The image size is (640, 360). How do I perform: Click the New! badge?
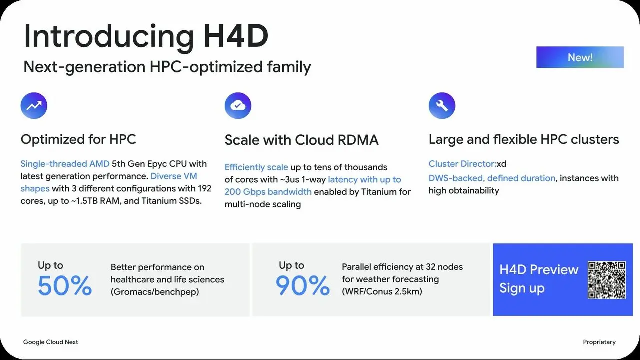point(580,57)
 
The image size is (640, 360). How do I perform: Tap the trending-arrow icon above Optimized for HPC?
point(34,105)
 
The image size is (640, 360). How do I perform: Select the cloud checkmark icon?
point(238,105)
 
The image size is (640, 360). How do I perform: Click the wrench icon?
point(442,105)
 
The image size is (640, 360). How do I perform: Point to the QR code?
point(607,280)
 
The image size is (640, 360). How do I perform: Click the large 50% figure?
point(65,285)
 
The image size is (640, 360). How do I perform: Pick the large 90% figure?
point(303,285)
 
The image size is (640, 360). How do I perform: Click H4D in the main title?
point(236,36)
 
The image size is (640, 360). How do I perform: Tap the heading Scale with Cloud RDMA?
point(301,140)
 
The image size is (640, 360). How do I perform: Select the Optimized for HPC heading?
point(78,139)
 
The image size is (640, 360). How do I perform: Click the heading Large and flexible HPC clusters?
point(524,139)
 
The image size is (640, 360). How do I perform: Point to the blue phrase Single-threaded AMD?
point(65,164)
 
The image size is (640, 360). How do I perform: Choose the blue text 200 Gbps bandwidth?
point(268,192)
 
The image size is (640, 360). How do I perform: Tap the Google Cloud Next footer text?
point(51,342)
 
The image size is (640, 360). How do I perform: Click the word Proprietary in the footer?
point(599,342)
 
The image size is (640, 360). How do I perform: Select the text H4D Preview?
point(539,270)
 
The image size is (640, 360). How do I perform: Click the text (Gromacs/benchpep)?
point(155,292)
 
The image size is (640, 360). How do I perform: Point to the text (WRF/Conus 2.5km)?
point(382,291)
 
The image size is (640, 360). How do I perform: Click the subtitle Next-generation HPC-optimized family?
point(167,67)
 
